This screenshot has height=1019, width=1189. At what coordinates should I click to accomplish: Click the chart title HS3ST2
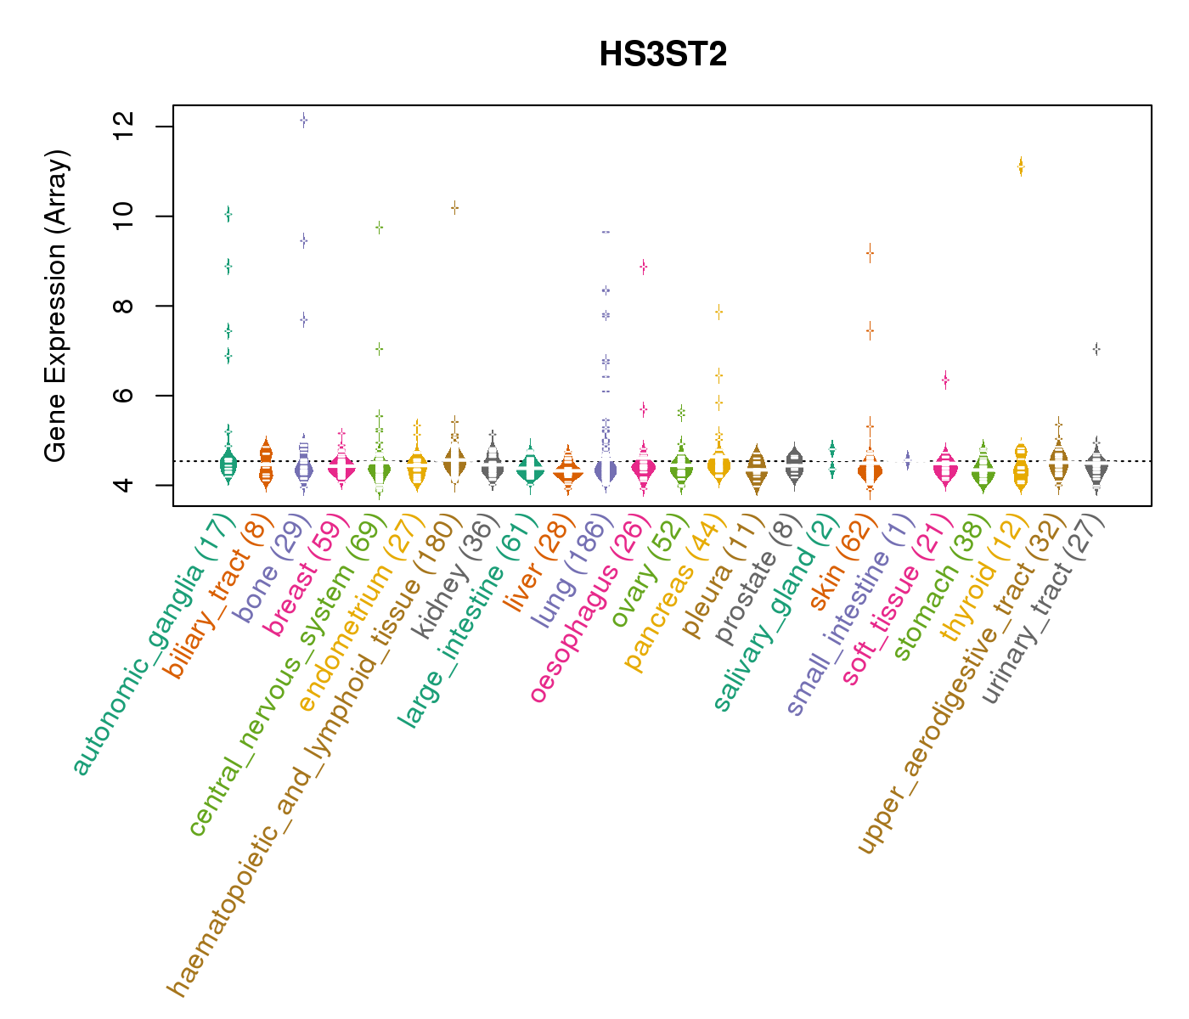[x=662, y=54]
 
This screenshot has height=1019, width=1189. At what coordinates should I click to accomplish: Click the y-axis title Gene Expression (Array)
[x=56, y=306]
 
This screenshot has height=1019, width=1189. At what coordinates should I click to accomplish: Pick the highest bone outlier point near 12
[x=303, y=121]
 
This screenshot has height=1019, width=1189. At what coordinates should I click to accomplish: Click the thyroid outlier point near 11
[x=1021, y=168]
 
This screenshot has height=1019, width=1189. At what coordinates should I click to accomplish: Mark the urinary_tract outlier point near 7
[x=1096, y=349]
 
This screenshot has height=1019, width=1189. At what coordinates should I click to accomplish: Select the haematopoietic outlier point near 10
[x=454, y=207]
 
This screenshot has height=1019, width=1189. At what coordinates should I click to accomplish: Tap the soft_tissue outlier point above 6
[x=945, y=380]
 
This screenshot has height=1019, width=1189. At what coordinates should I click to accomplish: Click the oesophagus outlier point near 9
[x=644, y=267]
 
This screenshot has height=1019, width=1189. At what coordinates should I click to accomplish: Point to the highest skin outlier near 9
[x=870, y=253]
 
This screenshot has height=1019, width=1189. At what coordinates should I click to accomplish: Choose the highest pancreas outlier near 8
[x=718, y=312]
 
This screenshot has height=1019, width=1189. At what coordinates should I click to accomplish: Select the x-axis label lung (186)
[x=569, y=572]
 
